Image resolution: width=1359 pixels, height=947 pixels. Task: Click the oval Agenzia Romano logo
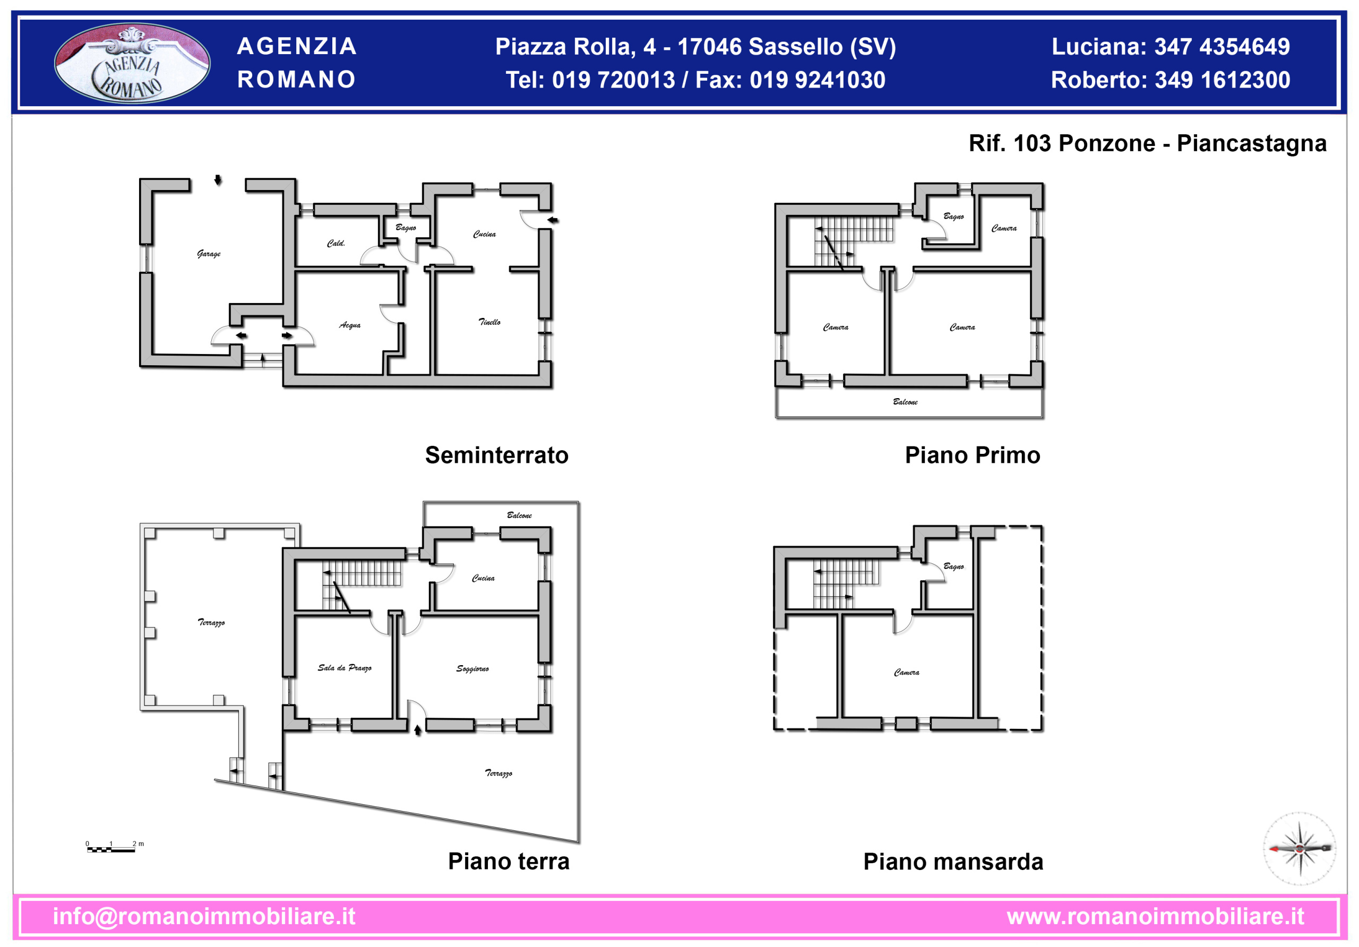[x=132, y=63]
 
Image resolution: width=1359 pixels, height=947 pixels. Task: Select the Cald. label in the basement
[x=336, y=243]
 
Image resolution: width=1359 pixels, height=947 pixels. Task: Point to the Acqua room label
[x=350, y=325]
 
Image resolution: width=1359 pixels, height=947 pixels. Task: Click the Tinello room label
[x=489, y=322]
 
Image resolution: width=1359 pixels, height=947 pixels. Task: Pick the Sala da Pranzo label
[x=345, y=668]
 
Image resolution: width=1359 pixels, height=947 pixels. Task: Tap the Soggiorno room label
[x=472, y=668]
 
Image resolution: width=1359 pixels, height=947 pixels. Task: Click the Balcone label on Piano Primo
[x=905, y=402]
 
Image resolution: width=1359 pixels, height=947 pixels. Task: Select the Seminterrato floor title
[x=496, y=455]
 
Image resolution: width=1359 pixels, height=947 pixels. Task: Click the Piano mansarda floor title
[x=953, y=862]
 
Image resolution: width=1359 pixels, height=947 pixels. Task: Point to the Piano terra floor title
[x=509, y=861]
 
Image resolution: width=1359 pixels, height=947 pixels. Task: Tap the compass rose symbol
[x=1300, y=849]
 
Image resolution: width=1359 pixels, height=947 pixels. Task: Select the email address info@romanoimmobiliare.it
[x=204, y=916]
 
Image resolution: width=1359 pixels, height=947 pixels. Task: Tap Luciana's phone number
[x=1222, y=47]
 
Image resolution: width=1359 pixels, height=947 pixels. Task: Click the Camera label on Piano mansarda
[x=906, y=673]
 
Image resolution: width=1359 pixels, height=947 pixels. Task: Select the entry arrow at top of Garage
[x=218, y=180]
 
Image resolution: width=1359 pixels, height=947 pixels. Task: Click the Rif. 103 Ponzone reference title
[x=1147, y=143]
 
